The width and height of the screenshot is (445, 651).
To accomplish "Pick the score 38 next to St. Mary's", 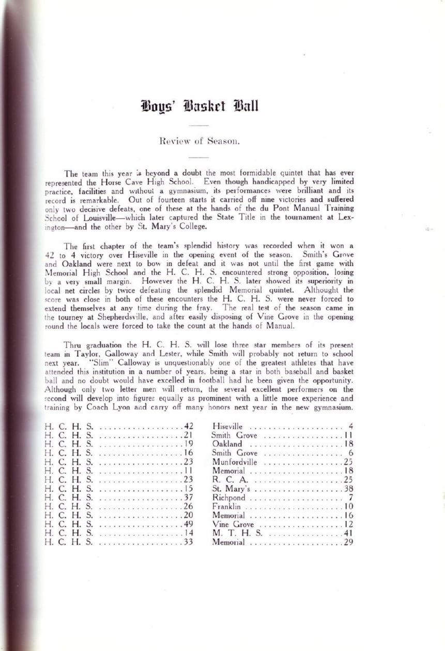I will (347, 488).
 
